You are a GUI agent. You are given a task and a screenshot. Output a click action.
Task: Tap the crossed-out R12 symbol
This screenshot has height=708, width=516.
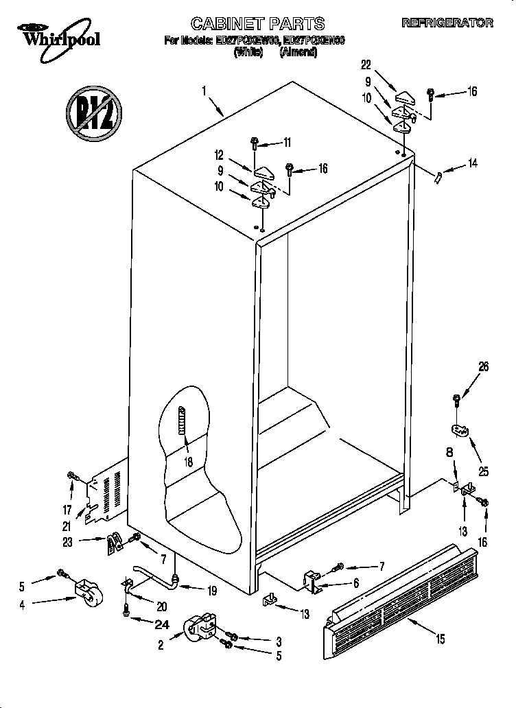94,108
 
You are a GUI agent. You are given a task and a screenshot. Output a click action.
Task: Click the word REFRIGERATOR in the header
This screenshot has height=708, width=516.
447,23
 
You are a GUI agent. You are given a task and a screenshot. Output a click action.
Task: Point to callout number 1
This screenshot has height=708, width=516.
204,90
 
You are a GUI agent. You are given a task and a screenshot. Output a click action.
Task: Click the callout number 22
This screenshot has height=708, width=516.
366,64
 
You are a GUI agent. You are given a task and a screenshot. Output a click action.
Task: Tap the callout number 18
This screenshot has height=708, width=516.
187,462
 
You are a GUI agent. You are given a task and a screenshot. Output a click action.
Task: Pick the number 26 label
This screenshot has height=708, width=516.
484,367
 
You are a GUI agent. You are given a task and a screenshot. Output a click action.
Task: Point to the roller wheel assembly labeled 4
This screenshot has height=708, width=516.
86,593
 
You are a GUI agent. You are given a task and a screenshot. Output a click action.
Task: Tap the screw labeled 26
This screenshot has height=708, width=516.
456,400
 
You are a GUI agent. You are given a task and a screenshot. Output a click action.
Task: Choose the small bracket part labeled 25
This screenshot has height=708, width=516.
460,430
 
